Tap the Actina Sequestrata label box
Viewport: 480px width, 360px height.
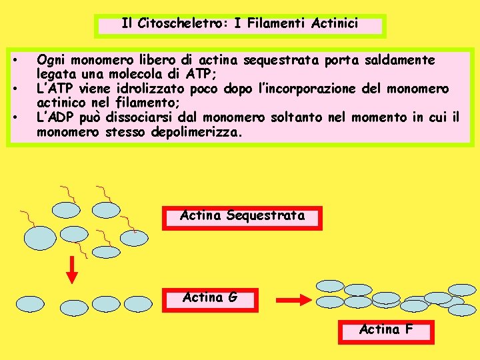pos(242,217)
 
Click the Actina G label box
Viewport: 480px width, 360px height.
pos(210,298)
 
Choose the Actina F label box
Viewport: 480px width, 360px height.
pos(386,330)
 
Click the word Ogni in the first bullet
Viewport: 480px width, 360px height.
pos(51,61)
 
